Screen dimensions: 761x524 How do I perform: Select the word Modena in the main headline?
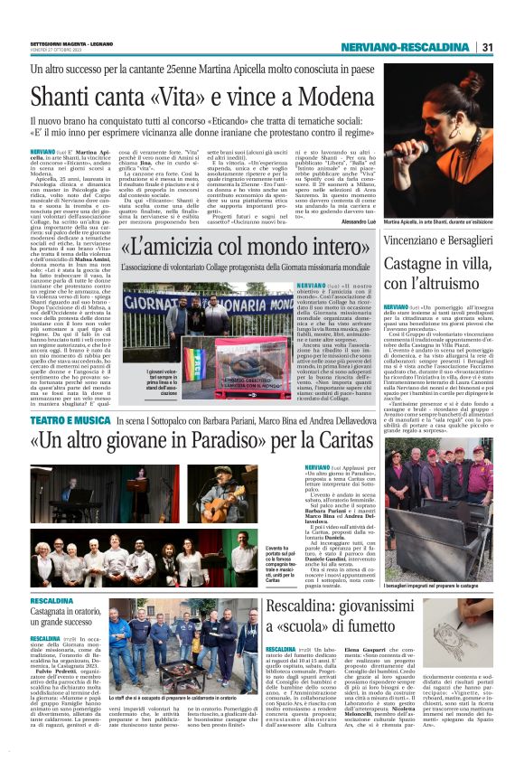(x=330, y=95)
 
